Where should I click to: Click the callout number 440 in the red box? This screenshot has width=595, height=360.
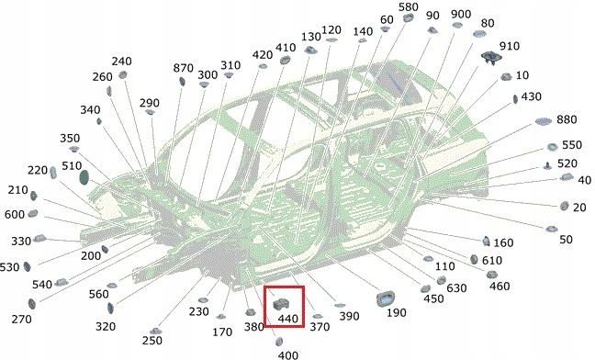[288, 318]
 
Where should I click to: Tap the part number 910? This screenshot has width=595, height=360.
[509, 46]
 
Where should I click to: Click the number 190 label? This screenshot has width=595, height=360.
[396, 313]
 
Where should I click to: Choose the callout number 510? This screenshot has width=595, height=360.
[71, 166]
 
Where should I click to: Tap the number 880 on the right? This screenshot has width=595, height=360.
[567, 119]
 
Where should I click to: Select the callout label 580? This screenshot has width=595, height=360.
[409, 7]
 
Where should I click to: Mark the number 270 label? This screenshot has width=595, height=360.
[22, 319]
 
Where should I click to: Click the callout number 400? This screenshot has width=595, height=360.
[287, 354]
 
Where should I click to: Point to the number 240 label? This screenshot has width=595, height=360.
[121, 62]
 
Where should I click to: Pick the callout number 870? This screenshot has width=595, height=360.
[184, 68]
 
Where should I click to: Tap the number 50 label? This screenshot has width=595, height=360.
[566, 239]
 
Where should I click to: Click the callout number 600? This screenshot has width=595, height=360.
[14, 215]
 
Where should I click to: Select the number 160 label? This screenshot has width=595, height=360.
[502, 242]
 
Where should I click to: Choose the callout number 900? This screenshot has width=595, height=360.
[461, 14]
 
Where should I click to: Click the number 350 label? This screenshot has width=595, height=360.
[71, 138]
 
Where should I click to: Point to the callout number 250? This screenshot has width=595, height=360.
[152, 341]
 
